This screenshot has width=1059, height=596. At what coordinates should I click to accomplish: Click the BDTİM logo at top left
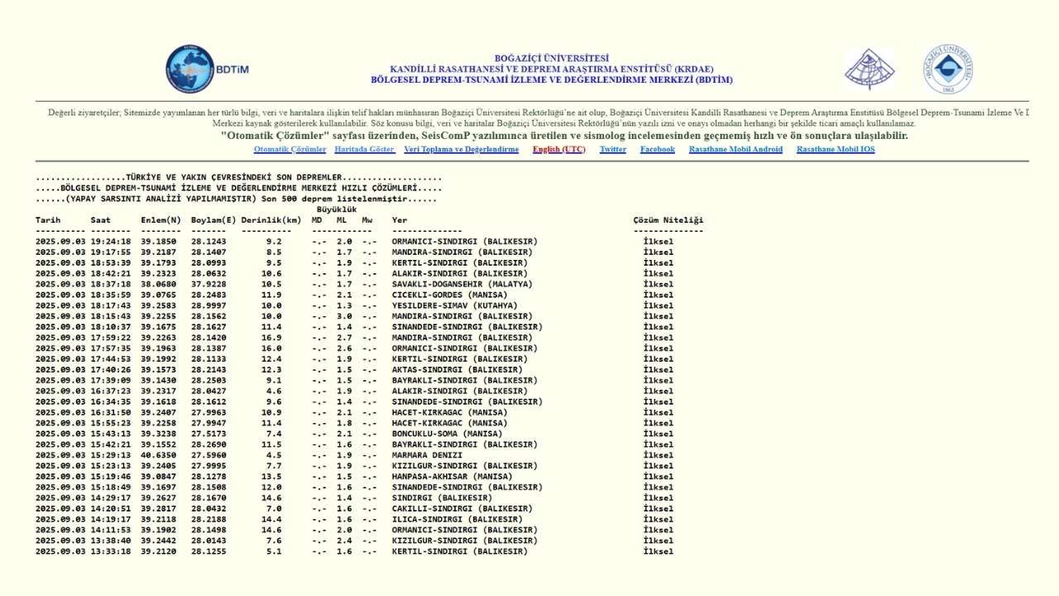pyautogui.click(x=207, y=70)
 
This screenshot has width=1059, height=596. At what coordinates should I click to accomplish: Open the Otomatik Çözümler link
pyautogui.click(x=290, y=150)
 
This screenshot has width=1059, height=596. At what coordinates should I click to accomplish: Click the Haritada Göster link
pyautogui.click(x=365, y=150)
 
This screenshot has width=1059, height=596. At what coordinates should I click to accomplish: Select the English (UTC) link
pyautogui.click(x=558, y=150)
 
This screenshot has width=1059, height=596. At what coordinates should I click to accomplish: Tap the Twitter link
pyautogui.click(x=613, y=150)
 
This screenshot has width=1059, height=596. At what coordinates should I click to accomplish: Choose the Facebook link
pyautogui.click(x=657, y=150)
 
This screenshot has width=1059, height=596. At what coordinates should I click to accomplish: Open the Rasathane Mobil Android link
pyautogui.click(x=736, y=150)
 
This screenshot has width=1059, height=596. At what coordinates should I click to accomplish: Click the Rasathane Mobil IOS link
pyautogui.click(x=836, y=150)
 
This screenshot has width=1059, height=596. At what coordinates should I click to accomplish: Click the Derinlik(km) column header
pyautogui.click(x=271, y=220)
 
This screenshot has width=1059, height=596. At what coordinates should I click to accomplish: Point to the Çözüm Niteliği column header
pyautogui.click(x=668, y=220)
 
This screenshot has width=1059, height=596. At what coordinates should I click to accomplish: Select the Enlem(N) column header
pyautogui.click(x=161, y=220)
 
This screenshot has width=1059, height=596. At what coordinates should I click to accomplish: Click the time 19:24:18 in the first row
pyautogui.click(x=111, y=242)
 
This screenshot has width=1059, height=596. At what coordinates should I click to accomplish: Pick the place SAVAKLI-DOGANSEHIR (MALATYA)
pyautogui.click(x=462, y=285)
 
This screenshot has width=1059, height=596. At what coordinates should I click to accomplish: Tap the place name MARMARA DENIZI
pyautogui.click(x=427, y=455)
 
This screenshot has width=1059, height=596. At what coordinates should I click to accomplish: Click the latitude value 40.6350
pyautogui.click(x=158, y=455)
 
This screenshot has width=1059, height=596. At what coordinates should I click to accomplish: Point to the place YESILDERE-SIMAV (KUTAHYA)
pyautogui.click(x=454, y=306)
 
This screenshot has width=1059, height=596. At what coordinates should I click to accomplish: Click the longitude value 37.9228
pyautogui.click(x=208, y=285)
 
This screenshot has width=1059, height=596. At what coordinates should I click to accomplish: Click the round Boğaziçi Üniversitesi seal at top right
pyautogui.click(x=948, y=70)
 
